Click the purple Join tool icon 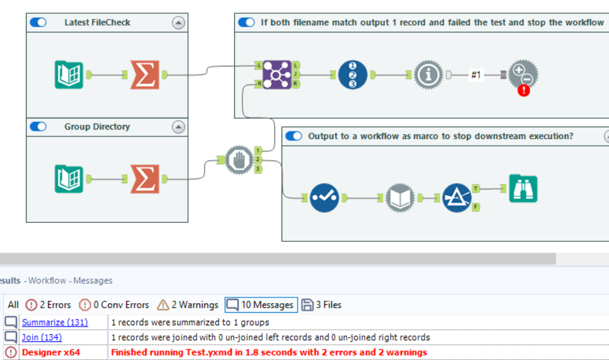(277, 75)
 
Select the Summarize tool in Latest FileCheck (145, 75)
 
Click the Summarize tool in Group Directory (145, 179)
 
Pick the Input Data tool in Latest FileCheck (69, 75)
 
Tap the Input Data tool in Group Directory (69, 179)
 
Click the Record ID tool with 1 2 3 (352, 75)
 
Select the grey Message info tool (429, 75)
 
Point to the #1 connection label (476, 75)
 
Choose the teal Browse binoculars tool (523, 188)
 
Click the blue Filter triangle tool (457, 198)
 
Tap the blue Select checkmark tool (324, 198)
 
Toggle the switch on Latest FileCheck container (38, 22)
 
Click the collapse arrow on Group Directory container (179, 127)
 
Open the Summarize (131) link (55, 322)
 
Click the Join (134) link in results (42, 337)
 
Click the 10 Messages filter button (261, 304)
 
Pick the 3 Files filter (322, 304)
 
